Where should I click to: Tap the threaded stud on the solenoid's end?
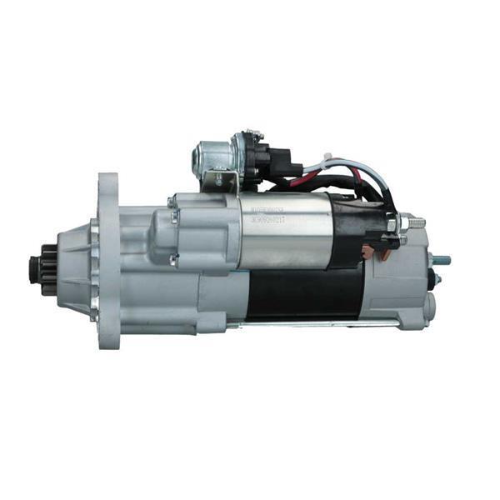coord(414,222)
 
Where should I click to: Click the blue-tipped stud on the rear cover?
coord(442,260)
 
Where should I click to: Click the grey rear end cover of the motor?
coord(404,283)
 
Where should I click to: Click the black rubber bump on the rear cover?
coord(432,279)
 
